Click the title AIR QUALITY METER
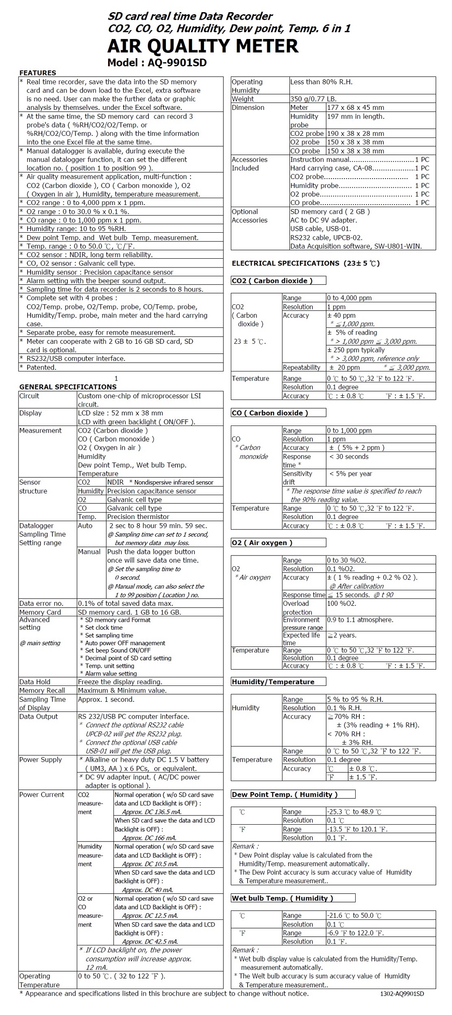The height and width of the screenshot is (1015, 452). click(203, 46)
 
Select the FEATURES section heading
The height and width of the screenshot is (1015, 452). click(38, 73)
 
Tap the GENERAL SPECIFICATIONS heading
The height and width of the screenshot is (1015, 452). click(68, 387)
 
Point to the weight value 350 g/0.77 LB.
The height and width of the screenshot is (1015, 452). click(313, 99)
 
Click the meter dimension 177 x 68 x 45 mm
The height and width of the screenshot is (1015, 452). click(355, 107)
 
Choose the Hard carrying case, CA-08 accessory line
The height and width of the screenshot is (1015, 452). click(331, 168)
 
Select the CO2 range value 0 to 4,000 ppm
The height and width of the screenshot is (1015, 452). click(349, 298)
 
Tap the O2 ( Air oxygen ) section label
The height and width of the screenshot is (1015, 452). click(262, 543)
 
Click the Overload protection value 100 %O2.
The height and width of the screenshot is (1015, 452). click(341, 603)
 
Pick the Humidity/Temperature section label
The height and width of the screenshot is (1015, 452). click(273, 682)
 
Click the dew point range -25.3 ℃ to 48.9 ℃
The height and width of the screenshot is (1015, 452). click(354, 812)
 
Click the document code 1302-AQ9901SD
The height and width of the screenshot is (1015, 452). click(402, 994)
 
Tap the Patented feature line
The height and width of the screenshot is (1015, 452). click(41, 367)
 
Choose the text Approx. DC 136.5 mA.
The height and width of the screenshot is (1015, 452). click(146, 812)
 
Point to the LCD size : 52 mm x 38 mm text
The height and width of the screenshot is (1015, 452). click(121, 413)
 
